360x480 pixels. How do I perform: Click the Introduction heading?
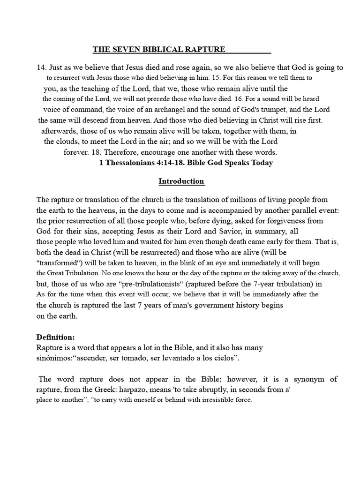[181, 181]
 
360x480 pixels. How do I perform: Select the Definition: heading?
[55, 337]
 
